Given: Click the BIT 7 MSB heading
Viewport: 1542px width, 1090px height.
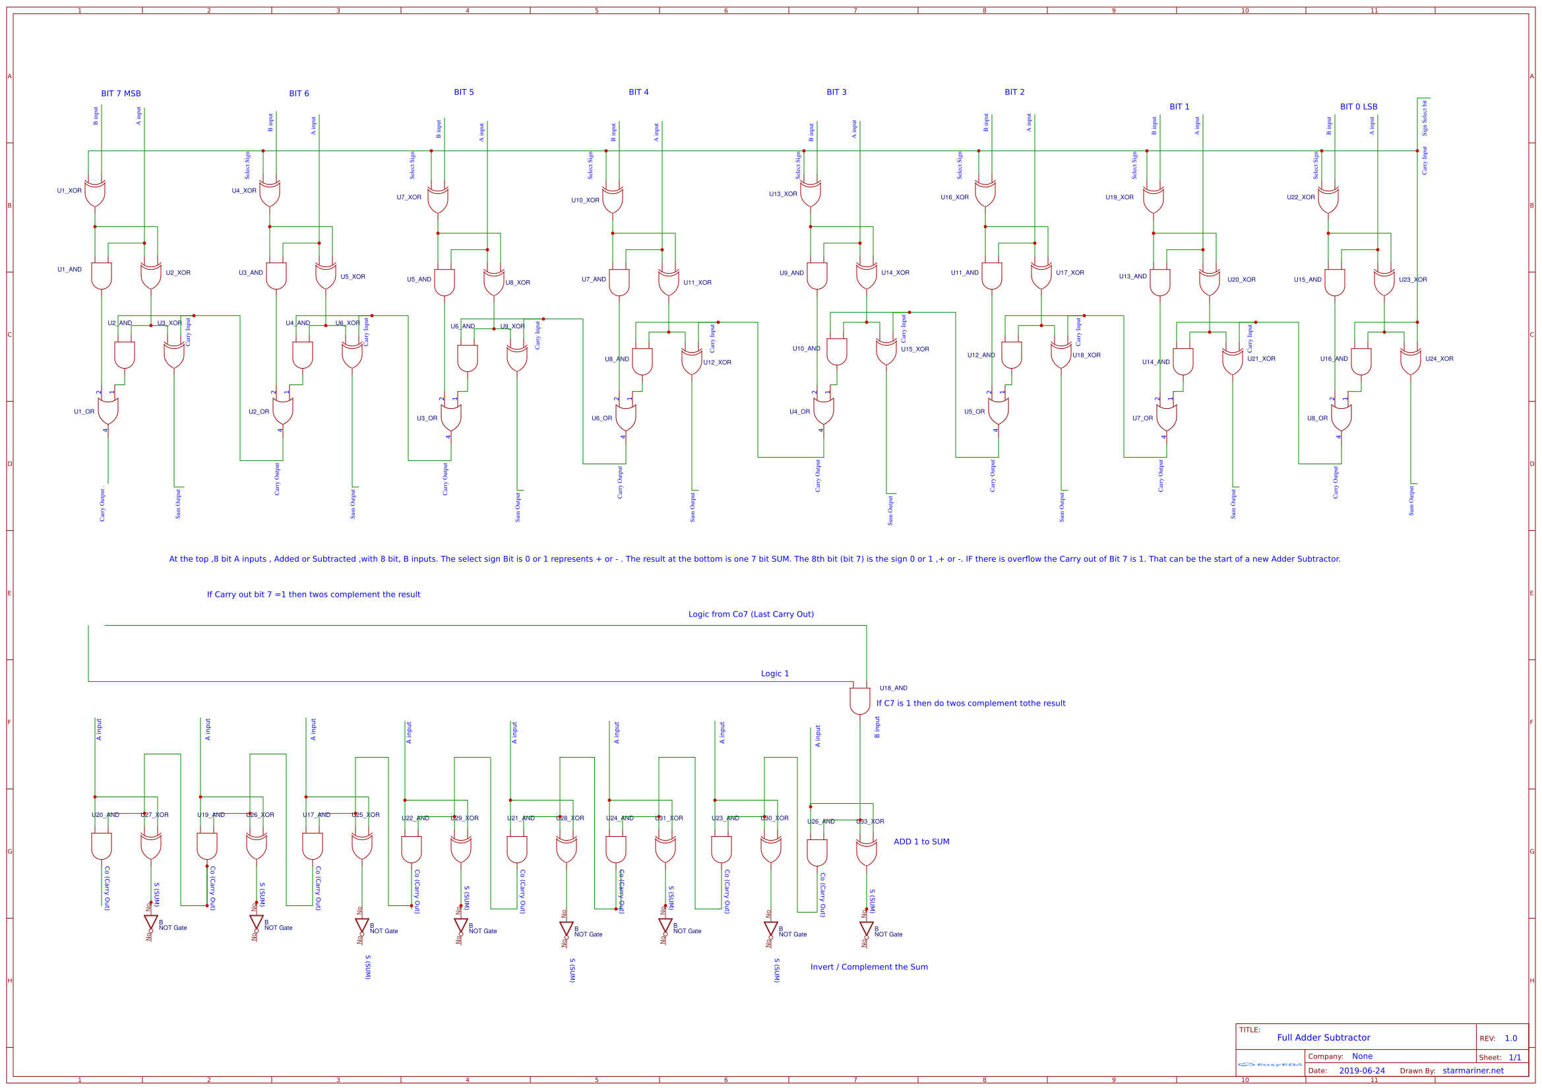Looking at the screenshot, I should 121,94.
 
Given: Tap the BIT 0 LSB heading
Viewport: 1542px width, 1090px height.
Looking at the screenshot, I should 1358,107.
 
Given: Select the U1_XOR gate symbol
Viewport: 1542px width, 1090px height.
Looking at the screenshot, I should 95,193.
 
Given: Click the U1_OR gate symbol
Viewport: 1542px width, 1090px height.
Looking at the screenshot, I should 108,411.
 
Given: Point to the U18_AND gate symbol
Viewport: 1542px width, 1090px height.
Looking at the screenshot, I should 859,700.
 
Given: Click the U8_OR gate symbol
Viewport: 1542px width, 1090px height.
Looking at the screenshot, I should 1342,417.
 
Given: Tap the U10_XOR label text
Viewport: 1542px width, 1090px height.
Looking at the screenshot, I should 585,200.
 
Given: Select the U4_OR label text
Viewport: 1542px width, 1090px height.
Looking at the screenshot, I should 799,411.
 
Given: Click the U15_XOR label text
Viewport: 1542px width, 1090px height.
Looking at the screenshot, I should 915,349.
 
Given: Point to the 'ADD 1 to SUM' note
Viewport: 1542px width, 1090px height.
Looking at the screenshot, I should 921,841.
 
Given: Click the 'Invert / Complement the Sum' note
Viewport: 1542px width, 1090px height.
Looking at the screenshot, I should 869,967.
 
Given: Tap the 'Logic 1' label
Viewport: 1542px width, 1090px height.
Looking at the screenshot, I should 774,674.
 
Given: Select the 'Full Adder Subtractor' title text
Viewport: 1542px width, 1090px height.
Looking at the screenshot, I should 1323,1038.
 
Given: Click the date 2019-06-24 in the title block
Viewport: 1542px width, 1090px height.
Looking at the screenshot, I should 1361,1071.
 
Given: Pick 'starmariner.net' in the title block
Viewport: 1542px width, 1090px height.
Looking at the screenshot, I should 1473,1071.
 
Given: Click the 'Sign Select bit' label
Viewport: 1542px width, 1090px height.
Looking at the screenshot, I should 1424,118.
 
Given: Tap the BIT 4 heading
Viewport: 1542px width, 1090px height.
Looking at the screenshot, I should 638,92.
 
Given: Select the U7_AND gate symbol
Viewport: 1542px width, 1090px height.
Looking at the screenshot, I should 619,283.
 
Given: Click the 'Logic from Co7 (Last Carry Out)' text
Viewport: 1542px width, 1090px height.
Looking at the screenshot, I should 751,615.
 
